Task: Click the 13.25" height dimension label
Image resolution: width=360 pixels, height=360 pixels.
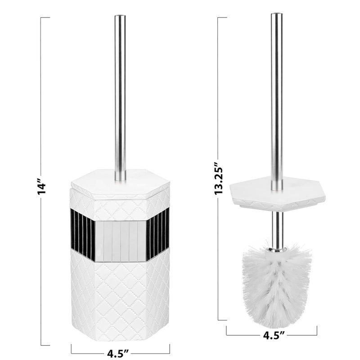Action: pos(219,178)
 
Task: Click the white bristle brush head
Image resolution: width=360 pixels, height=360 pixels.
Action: pos(276,286)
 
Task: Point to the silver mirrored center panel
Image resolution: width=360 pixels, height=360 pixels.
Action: pos(120,241)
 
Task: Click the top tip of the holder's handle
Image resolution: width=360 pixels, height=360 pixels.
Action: pos(120,17)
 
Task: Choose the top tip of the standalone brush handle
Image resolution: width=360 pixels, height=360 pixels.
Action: pos(276,15)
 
